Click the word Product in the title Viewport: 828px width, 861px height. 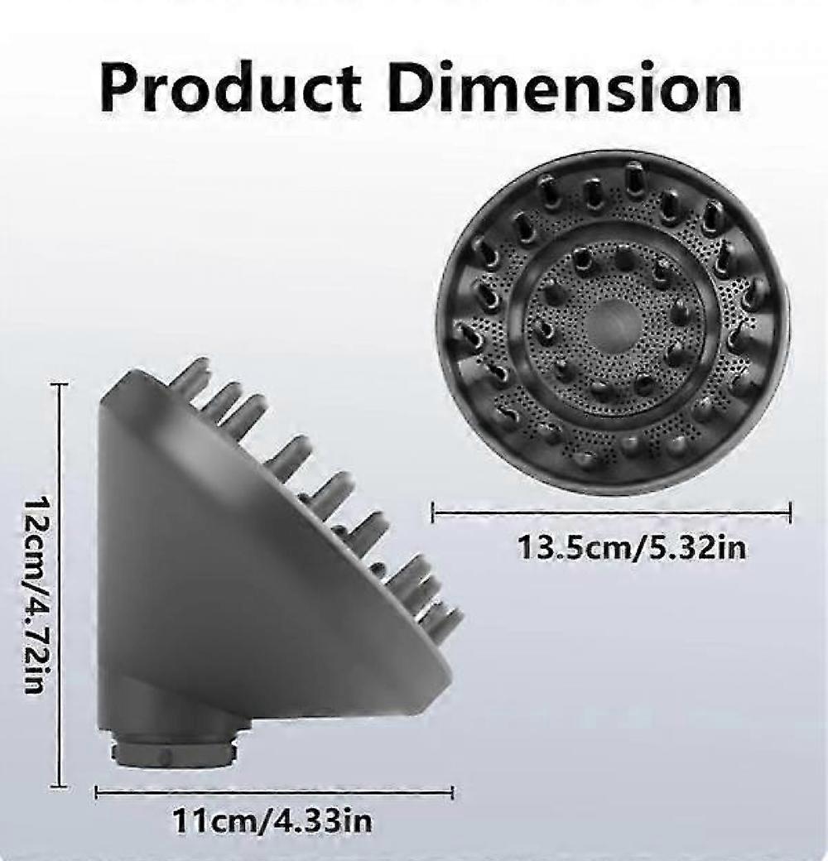click(230, 89)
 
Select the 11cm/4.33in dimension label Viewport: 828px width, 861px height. click(272, 821)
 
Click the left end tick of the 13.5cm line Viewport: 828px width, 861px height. click(433, 512)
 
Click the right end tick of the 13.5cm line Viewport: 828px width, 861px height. click(790, 512)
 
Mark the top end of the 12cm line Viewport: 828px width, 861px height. click(59, 385)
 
